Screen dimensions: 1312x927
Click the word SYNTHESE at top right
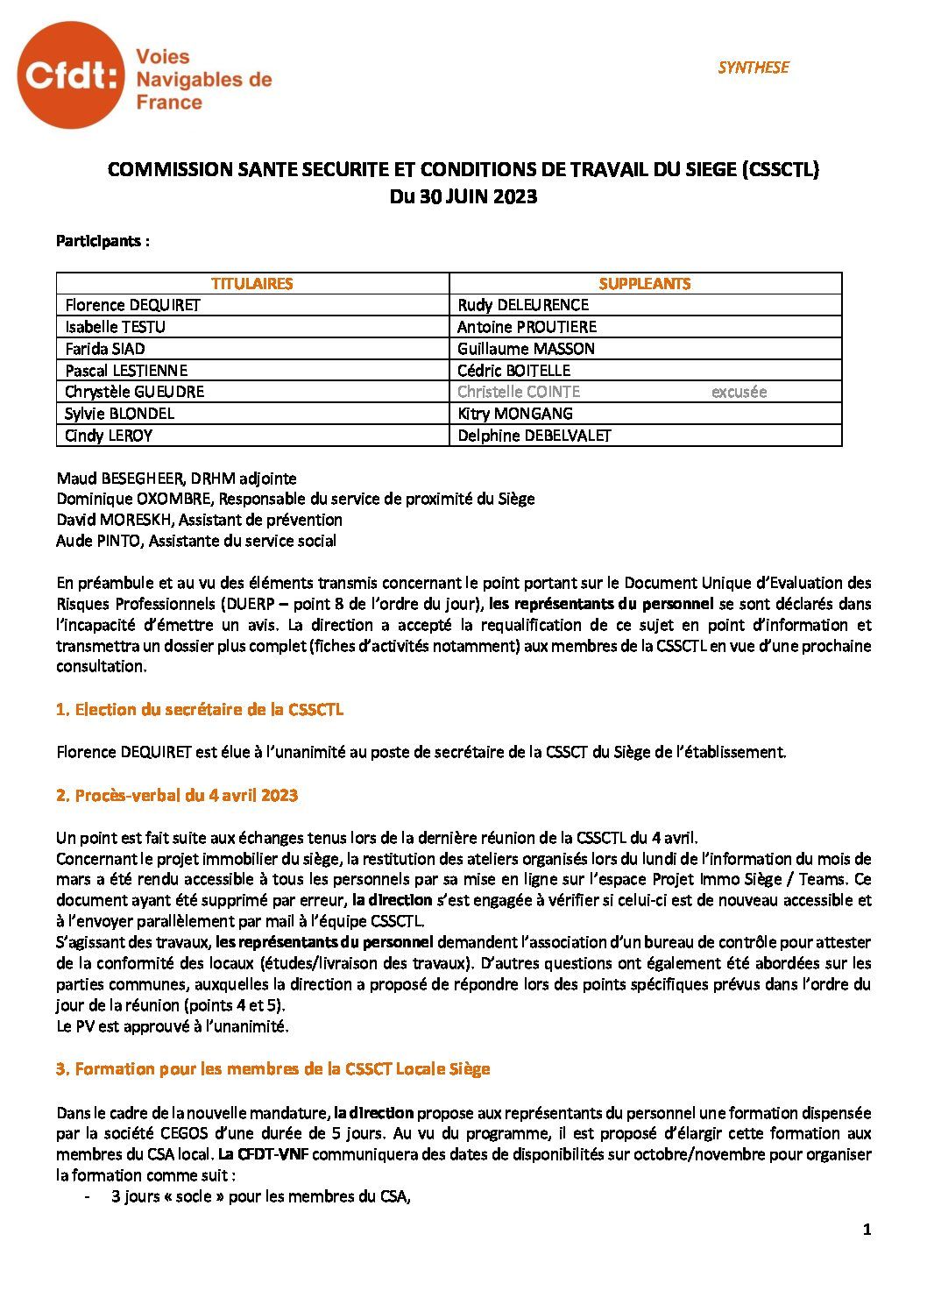click(753, 67)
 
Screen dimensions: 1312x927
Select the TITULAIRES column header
click(252, 283)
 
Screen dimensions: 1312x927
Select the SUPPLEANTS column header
click(645, 283)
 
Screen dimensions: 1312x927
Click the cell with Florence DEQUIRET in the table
click(132, 305)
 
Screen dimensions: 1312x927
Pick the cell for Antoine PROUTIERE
click(527, 327)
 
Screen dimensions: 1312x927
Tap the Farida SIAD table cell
click(105, 349)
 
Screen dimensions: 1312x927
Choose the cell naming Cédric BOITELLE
click(513, 370)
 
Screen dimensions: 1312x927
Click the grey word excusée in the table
click(739, 392)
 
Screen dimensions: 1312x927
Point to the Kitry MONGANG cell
click(514, 414)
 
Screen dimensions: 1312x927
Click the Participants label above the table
click(103, 241)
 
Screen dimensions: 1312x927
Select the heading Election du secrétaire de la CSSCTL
click(199, 710)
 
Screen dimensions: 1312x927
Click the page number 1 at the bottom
click(867, 1230)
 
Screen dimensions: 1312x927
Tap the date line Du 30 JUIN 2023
click(463, 197)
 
